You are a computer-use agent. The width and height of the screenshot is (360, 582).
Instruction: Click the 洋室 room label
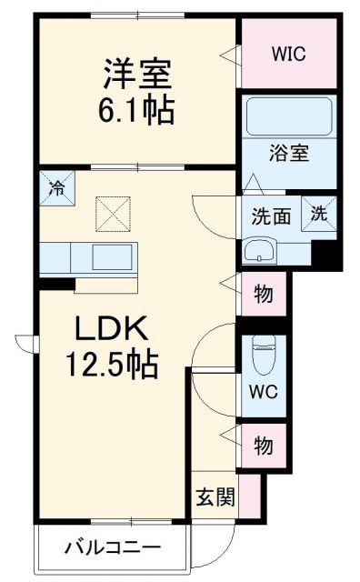(x=137, y=72)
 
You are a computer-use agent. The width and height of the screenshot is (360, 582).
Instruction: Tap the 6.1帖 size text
(x=138, y=109)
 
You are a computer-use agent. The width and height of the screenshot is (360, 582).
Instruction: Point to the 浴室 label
(x=289, y=152)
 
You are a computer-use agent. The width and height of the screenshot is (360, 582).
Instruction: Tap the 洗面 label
(x=271, y=216)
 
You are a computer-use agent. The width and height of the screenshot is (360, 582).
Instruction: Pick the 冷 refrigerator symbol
(x=56, y=192)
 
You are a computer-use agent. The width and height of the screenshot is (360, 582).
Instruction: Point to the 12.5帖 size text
(x=110, y=365)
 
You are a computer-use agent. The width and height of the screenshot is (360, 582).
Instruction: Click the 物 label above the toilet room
(x=263, y=296)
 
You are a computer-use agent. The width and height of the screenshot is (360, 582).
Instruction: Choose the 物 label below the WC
(x=263, y=446)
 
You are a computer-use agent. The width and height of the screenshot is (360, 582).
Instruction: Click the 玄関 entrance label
(x=215, y=497)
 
